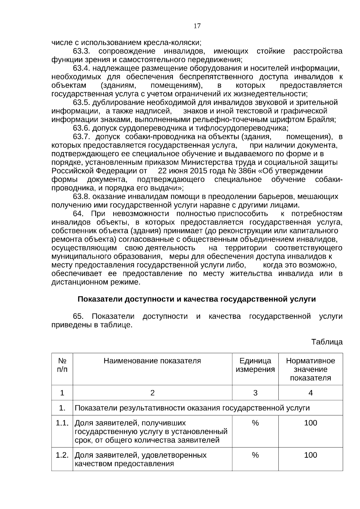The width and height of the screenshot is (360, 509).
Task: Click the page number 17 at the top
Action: pyautogui.click(x=197, y=26)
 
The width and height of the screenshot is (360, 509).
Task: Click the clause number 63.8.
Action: pyautogui.click(x=82, y=197)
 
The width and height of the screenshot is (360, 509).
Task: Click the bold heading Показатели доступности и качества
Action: pyautogui.click(x=196, y=299)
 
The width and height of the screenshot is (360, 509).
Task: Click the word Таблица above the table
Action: pyautogui.click(x=327, y=342)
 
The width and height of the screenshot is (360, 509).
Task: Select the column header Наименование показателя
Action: pyautogui.click(x=152, y=361)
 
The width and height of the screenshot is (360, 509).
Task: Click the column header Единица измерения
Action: pyautogui.click(x=255, y=365)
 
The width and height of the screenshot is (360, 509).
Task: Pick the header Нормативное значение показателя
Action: pyautogui.click(x=310, y=369)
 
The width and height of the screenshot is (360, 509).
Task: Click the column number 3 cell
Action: pyautogui.click(x=255, y=393)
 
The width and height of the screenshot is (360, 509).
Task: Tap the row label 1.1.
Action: pyautogui.click(x=62, y=423)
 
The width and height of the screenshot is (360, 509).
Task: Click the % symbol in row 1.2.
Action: pyautogui.click(x=255, y=455)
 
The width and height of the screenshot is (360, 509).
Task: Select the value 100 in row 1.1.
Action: pyautogui.click(x=310, y=423)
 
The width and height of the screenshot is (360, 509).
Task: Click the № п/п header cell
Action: pyautogui.click(x=62, y=365)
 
